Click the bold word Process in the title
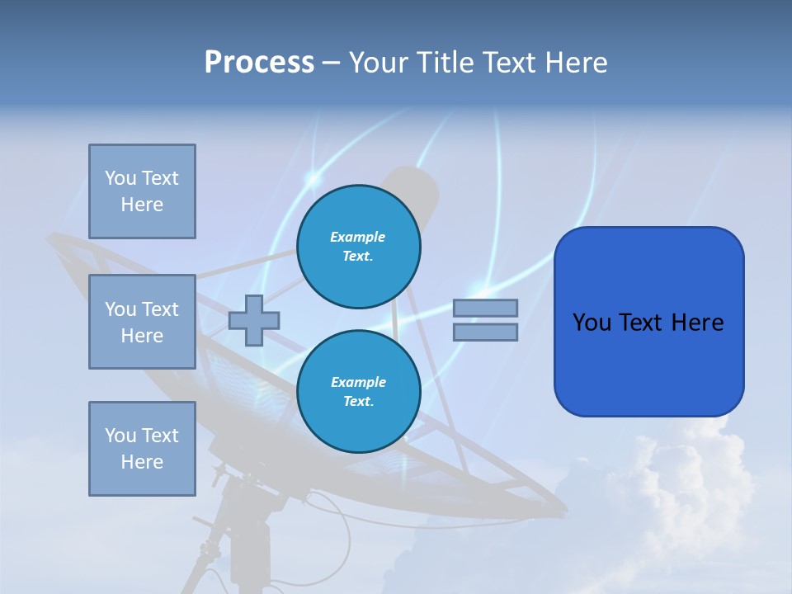coord(259,63)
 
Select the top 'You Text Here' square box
coord(142,191)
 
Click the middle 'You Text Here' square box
coord(142,322)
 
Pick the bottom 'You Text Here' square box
coord(142,448)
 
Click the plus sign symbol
coord(254,320)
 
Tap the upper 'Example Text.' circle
coord(358,246)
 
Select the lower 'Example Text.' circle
coord(358,391)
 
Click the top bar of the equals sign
coord(485,308)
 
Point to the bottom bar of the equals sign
coord(485,332)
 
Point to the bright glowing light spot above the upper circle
coord(313,177)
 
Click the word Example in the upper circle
coord(358,237)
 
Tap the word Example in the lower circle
coord(358,382)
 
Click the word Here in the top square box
coord(142,205)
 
